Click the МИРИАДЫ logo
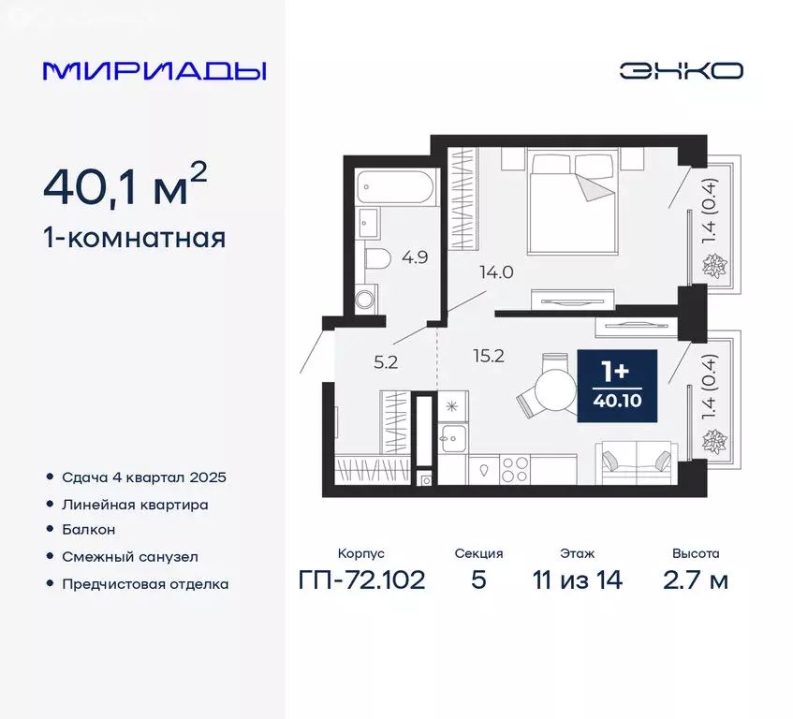[154, 71]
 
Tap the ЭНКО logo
[681, 71]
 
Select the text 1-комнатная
[134, 238]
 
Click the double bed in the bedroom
[573, 200]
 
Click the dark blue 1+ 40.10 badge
[618, 386]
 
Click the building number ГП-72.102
[361, 580]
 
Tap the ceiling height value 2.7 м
[694, 580]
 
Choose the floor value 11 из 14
[578, 580]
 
